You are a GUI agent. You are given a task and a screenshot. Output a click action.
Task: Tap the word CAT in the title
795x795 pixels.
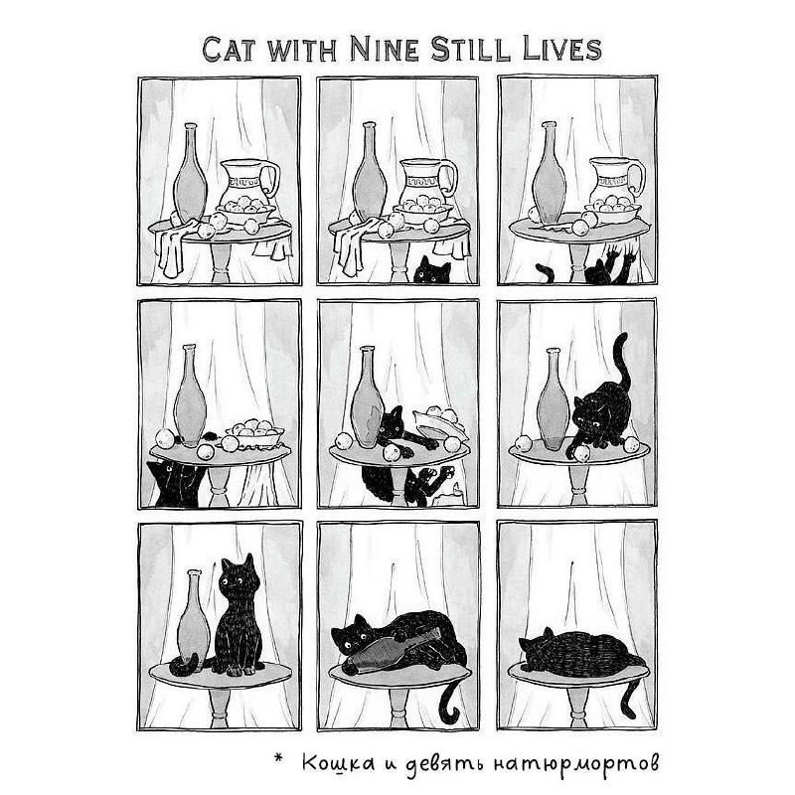click(229, 50)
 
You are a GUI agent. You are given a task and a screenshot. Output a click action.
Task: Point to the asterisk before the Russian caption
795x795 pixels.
click(278, 758)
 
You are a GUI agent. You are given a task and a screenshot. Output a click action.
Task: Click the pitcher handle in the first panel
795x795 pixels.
click(271, 180)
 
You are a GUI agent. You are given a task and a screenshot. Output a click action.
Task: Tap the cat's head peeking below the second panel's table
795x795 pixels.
click(431, 270)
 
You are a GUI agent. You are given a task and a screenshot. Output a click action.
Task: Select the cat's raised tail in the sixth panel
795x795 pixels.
click(622, 358)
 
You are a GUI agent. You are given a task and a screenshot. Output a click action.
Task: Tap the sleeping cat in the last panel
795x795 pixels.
click(580, 652)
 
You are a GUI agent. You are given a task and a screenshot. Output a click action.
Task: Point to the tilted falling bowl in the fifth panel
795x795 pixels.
click(439, 424)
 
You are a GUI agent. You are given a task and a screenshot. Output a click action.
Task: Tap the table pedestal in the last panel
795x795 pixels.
click(577, 703)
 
